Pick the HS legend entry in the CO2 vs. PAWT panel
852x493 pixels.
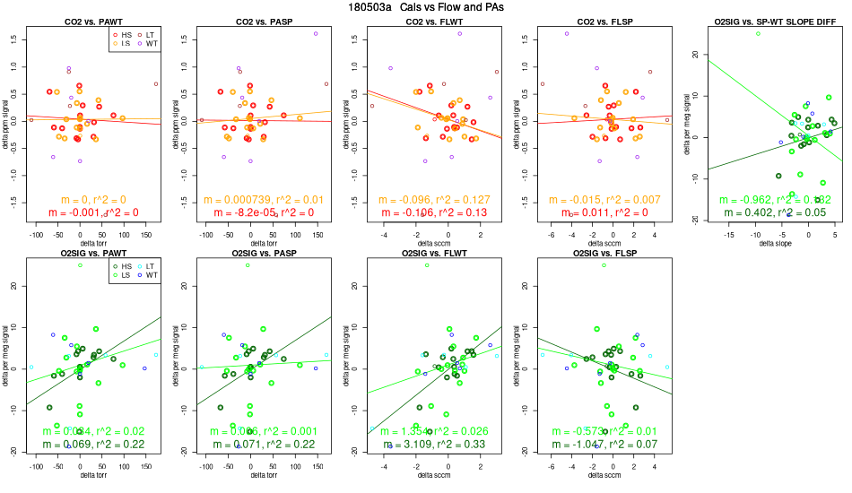click(x=124, y=33)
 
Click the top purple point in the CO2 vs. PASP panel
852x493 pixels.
click(x=316, y=33)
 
